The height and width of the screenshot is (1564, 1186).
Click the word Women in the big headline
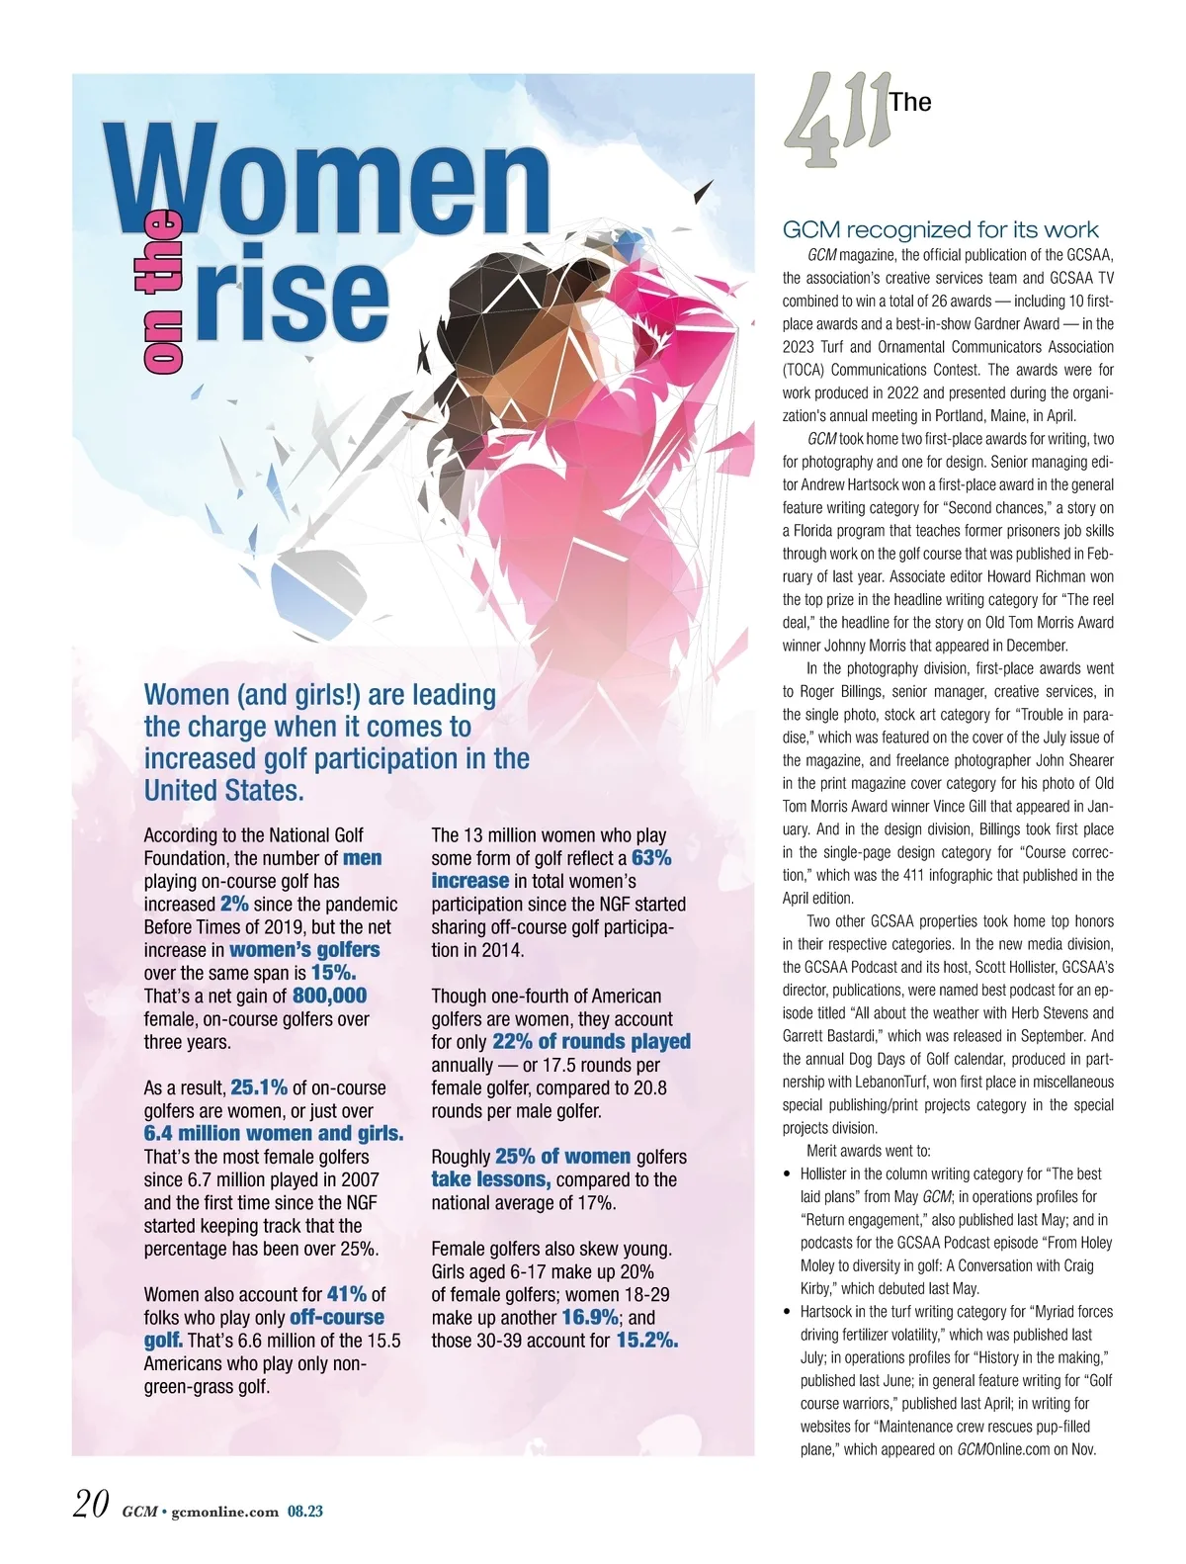point(331,178)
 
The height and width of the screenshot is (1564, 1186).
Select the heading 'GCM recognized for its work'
point(940,230)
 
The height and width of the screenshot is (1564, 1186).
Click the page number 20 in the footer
point(90,1505)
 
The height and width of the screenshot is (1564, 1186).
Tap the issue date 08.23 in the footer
point(305,1511)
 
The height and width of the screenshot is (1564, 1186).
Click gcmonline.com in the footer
point(224,1511)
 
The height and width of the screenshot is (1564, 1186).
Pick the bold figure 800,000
point(329,996)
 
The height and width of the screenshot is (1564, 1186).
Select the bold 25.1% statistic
point(259,1087)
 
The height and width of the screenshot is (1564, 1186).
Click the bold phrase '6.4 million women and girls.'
point(274,1133)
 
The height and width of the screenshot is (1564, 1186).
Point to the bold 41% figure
point(346,1294)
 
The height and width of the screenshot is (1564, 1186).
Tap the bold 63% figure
point(651,857)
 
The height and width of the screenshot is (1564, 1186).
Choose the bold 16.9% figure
point(590,1317)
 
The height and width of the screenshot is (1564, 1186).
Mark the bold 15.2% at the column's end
point(647,1341)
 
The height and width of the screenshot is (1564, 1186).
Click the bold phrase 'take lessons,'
point(490,1179)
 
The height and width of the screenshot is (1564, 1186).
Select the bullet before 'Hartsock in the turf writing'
point(787,1313)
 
